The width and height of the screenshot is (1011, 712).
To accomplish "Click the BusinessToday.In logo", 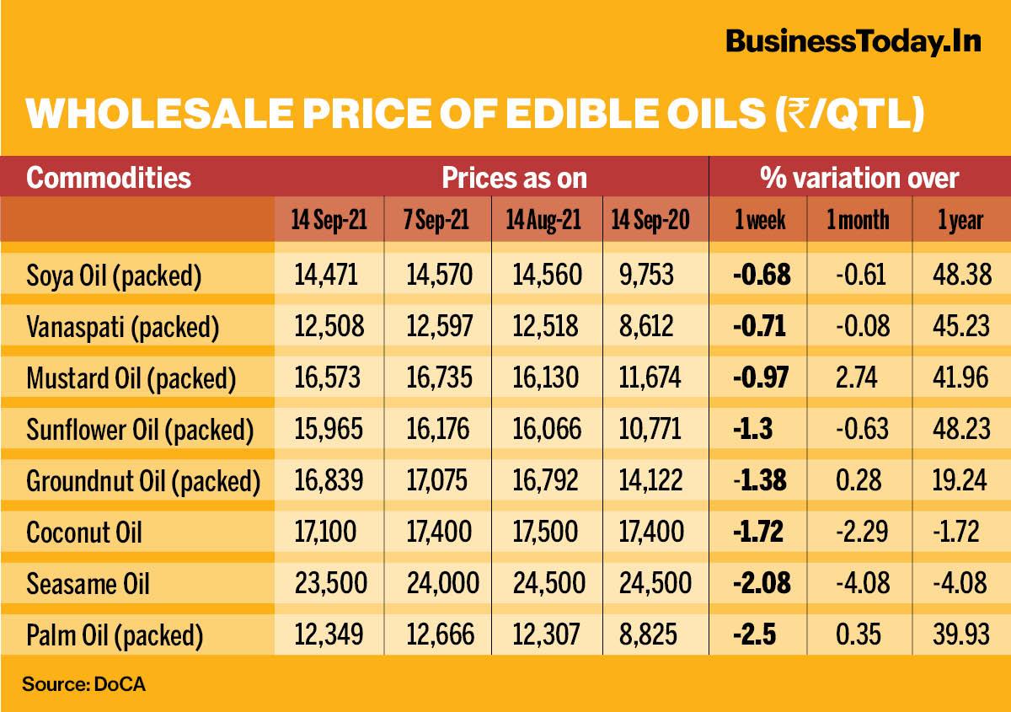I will coord(853,40).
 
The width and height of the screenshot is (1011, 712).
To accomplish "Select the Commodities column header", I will coord(109,178).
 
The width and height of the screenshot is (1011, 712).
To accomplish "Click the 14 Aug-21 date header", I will coord(543,221).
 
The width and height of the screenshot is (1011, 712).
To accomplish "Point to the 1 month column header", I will coord(858,221).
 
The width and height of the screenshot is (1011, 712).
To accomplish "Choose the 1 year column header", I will coord(960,221).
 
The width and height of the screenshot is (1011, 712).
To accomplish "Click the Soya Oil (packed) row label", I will coord(114,276).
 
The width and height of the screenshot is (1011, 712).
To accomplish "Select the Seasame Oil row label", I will coord(88,583).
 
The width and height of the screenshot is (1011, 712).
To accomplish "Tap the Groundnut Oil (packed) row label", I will coord(143,481).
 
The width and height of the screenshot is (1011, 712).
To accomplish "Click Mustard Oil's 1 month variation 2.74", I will coord(857,377).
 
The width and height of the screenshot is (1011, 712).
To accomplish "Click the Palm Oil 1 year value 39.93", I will coord(960,634).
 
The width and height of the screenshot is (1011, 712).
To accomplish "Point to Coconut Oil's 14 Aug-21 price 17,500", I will coord(543,532).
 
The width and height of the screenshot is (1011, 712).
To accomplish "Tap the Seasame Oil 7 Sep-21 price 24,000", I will coord(436,583).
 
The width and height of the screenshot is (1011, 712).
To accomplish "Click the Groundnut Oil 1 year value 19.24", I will coord(960,480).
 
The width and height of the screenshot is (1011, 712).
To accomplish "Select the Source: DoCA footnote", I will coord(83,683).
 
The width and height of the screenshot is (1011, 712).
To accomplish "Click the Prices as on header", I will coord(514,178).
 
